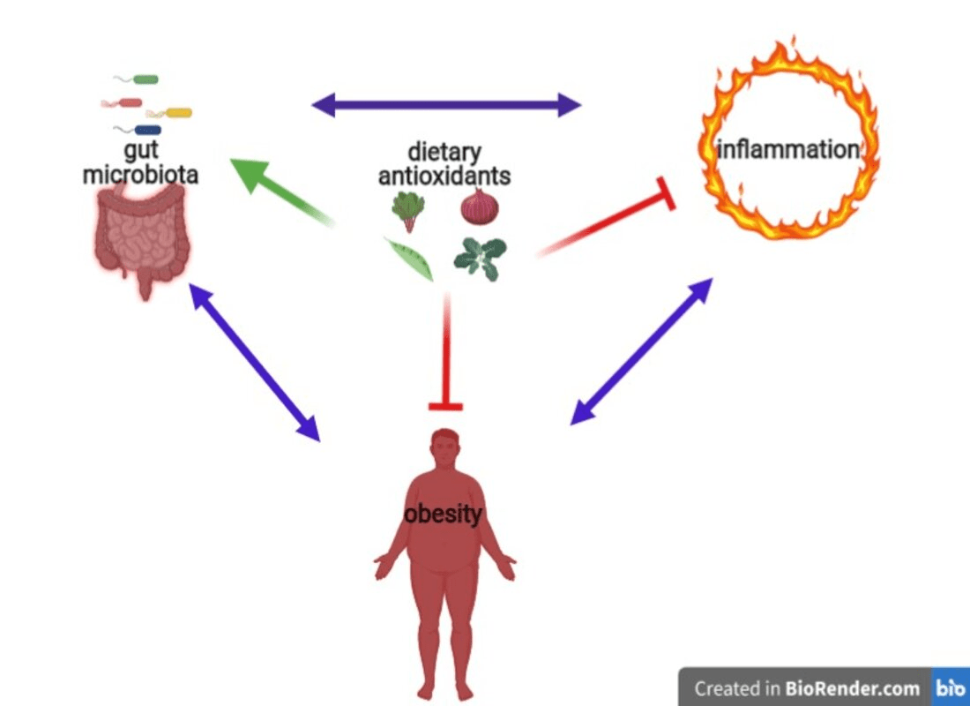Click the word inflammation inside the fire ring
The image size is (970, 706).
(787, 149)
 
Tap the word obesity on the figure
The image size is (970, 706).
(443, 514)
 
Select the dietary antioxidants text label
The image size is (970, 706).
(444, 164)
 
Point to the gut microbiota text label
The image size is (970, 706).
(140, 163)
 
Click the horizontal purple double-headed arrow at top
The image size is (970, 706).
(446, 106)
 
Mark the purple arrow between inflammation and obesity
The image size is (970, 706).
(641, 351)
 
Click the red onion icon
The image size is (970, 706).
(480, 208)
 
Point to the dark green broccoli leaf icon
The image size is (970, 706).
(480, 258)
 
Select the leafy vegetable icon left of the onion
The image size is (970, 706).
(408, 210)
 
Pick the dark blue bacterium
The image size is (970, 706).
(146, 131)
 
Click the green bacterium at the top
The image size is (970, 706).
(145, 79)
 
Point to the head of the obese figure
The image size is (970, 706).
(446, 447)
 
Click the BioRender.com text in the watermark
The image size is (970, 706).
(852, 688)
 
